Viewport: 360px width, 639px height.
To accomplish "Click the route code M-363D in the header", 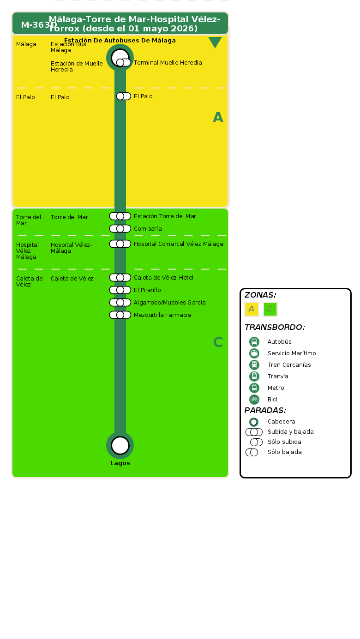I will (x=39, y=25).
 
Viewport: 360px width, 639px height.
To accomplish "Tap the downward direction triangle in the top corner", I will (x=215, y=42).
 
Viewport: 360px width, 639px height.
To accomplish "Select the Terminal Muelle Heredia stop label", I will (x=168, y=63).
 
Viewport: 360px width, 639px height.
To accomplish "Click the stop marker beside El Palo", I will (x=123, y=96).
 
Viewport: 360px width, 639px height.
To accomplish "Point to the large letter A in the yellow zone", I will (x=218, y=118).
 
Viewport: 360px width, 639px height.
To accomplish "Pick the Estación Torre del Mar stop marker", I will (x=120, y=216).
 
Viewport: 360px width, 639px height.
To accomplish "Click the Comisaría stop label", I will (x=148, y=229).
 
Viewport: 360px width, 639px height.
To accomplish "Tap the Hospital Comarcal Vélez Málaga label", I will (x=178, y=244).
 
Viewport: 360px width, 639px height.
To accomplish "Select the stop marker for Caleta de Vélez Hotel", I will (x=120, y=277).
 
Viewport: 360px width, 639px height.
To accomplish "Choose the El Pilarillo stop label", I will (x=147, y=290).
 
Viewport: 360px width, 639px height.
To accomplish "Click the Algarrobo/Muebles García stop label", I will (x=169, y=303).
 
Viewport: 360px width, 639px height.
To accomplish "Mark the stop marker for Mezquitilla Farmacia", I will (x=120, y=315).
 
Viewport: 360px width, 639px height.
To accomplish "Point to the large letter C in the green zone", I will (x=218, y=342).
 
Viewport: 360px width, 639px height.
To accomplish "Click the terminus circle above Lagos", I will (x=120, y=445).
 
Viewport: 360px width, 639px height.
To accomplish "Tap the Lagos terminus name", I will (x=120, y=463).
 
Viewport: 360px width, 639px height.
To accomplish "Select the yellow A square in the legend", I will (x=252, y=309).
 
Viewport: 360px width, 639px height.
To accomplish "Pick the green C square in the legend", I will (x=270, y=309).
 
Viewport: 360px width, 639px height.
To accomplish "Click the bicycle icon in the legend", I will (x=254, y=400).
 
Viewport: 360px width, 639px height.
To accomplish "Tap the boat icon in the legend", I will (x=254, y=353).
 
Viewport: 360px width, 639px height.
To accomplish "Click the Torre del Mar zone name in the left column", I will (x=29, y=220).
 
